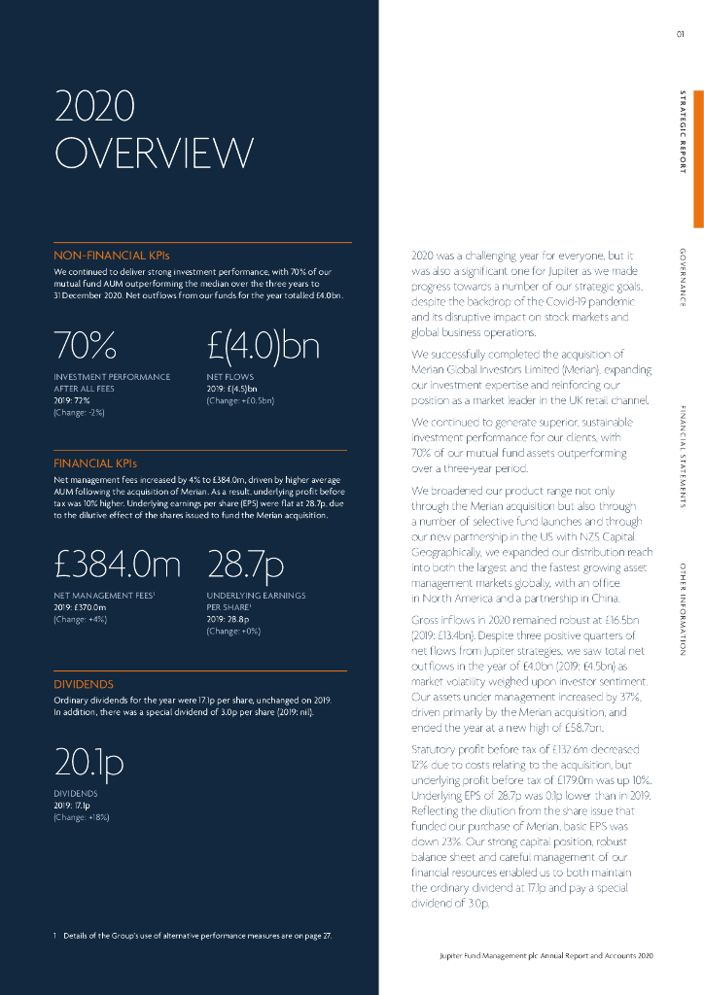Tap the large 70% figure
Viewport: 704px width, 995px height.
[x=87, y=344]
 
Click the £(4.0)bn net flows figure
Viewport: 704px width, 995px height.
[x=264, y=344]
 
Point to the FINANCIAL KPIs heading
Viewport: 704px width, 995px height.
[x=95, y=463]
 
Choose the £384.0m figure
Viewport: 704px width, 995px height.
[x=118, y=565]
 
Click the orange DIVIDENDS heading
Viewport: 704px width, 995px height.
[x=84, y=684]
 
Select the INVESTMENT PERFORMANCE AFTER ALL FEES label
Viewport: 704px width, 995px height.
[x=112, y=382]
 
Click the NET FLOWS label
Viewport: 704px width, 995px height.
[x=229, y=376]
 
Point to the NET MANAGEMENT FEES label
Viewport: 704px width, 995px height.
[x=106, y=595]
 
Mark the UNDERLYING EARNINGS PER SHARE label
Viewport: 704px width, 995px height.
[x=256, y=600]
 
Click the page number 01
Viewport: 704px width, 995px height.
[x=681, y=37]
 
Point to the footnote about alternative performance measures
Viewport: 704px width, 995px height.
[x=193, y=936]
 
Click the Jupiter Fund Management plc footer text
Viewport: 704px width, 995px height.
[x=546, y=958]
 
